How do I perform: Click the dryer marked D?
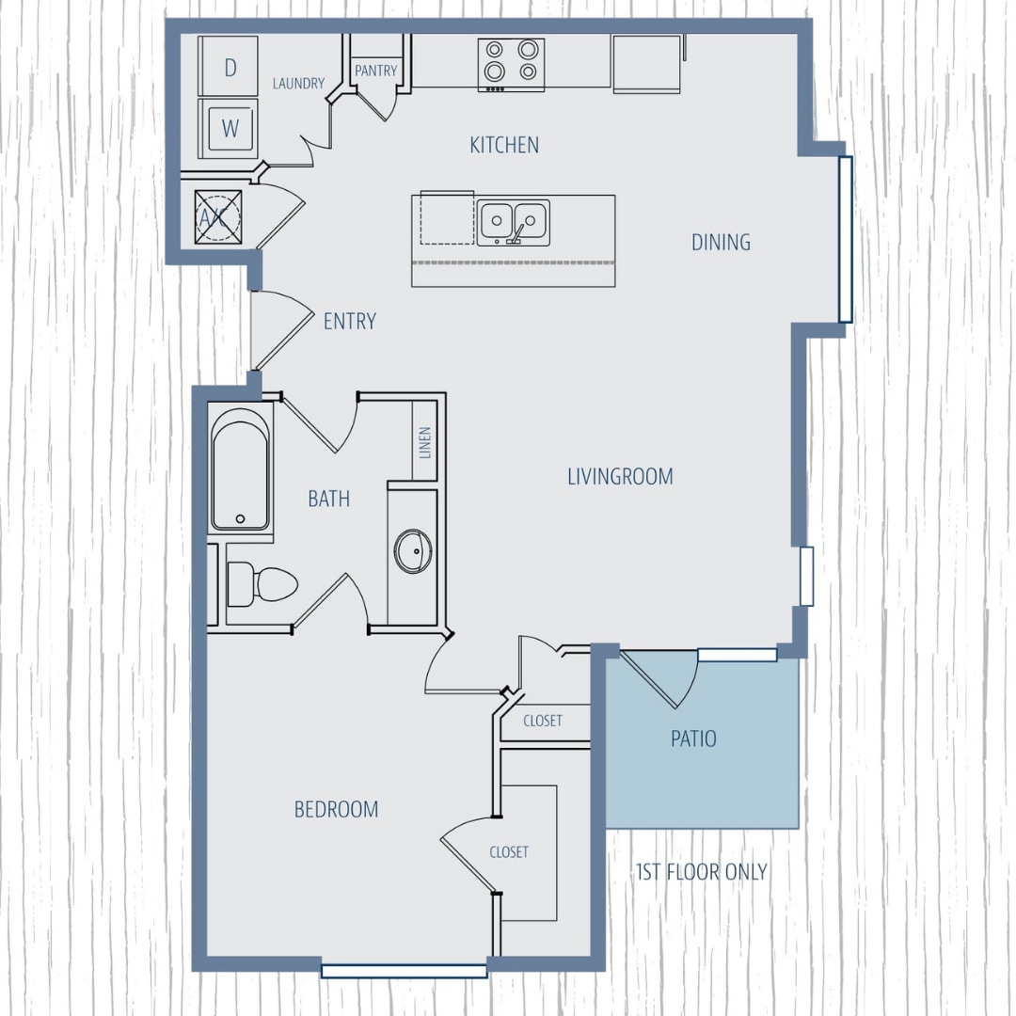[229, 67]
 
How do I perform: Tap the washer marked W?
[229, 128]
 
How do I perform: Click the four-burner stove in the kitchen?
[511, 63]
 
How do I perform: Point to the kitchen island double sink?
[513, 222]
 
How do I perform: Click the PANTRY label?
[375, 71]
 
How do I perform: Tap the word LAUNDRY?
[298, 84]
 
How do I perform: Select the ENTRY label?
[350, 322]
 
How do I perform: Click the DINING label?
[721, 242]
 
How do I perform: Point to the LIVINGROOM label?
[620, 477]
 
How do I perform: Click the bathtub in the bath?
[240, 468]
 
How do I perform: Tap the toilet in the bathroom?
[261, 584]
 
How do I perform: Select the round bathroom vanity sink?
[413, 551]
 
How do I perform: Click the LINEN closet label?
[425, 441]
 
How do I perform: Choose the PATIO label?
[693, 739]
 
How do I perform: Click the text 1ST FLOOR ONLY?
[702, 872]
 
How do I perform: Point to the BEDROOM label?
[336, 809]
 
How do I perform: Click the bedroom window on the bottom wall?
[404, 970]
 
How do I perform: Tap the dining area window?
[845, 240]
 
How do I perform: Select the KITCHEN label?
[504, 145]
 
